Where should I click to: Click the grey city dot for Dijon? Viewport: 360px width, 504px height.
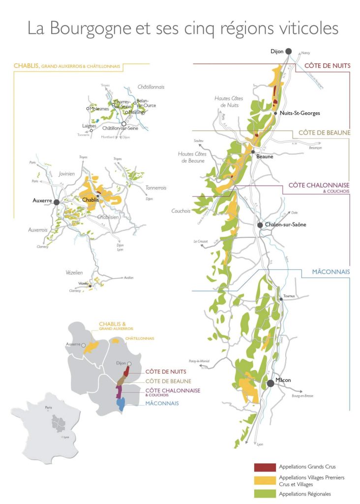click(x=288, y=51)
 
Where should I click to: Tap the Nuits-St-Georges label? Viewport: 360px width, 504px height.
click(x=300, y=113)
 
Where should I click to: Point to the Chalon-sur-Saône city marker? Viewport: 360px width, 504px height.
click(x=260, y=225)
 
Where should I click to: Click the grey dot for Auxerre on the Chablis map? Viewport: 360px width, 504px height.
click(x=57, y=202)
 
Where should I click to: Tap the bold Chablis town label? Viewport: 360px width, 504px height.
click(x=91, y=200)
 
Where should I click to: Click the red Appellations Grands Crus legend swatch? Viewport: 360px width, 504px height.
click(x=265, y=467)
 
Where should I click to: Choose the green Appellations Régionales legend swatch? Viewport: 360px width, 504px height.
click(x=265, y=494)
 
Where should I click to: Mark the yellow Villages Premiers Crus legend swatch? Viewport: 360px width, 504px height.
click(x=265, y=480)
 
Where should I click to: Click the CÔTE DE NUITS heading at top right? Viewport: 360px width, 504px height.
click(x=327, y=66)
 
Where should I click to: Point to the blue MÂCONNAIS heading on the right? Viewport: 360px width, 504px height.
click(x=330, y=271)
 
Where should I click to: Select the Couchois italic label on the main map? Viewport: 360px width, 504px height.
click(x=180, y=211)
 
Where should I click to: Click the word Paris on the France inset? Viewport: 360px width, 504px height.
click(x=48, y=408)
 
